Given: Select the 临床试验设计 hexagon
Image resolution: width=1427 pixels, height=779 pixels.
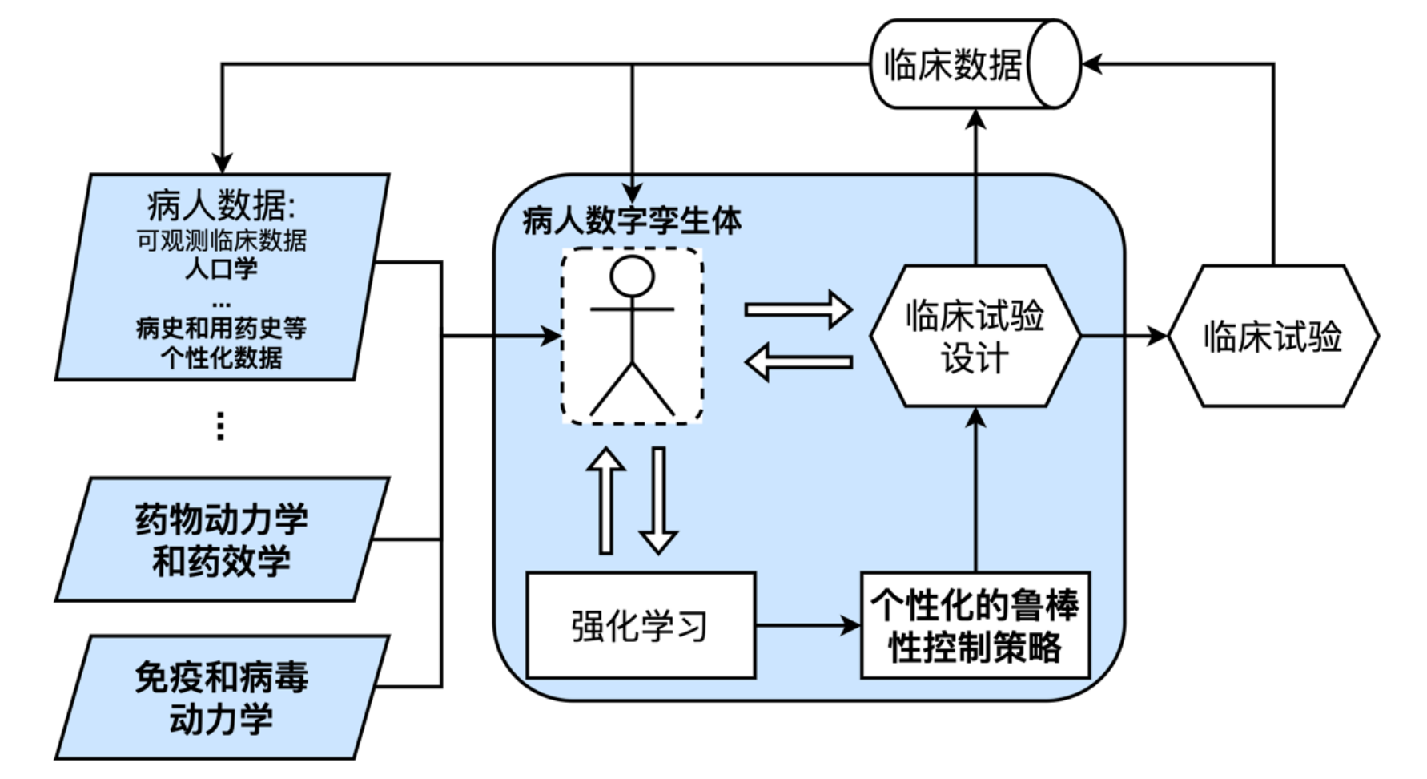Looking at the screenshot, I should pos(975,337).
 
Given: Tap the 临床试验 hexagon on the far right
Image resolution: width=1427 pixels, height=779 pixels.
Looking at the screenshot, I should pos(1273,337).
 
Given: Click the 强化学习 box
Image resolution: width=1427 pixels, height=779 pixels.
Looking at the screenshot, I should pos(640,626).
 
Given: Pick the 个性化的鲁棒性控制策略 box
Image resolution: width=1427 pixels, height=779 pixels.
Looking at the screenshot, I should pos(975,626).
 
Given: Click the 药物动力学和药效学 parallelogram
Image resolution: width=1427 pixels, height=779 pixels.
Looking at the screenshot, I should pos(222,539).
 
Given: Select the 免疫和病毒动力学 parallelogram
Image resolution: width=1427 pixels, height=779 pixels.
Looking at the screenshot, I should pos(222,697).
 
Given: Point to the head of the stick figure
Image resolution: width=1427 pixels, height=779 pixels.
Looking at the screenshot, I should pos(632,277).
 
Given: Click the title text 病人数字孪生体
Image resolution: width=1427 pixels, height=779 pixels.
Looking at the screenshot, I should pos(632,221).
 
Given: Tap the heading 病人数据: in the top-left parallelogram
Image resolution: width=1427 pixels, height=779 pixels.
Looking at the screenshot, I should pos(221,206).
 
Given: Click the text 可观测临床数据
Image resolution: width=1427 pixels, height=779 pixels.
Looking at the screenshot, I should pos(222,240).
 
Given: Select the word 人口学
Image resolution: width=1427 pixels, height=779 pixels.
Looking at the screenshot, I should pos(222,268).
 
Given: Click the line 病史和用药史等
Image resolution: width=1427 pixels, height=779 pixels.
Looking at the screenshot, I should pos(222,328).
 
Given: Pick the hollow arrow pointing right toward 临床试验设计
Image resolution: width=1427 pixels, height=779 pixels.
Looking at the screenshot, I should pos(798,309).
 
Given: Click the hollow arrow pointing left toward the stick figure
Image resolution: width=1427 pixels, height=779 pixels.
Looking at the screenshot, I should pos(798,362).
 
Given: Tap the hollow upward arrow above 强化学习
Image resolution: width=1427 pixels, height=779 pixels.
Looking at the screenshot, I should pos(606,501).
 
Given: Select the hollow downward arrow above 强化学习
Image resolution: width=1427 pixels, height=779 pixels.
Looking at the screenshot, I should pos(659,501).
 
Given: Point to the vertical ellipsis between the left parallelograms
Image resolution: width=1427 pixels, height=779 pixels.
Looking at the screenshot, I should pos(221,426).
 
